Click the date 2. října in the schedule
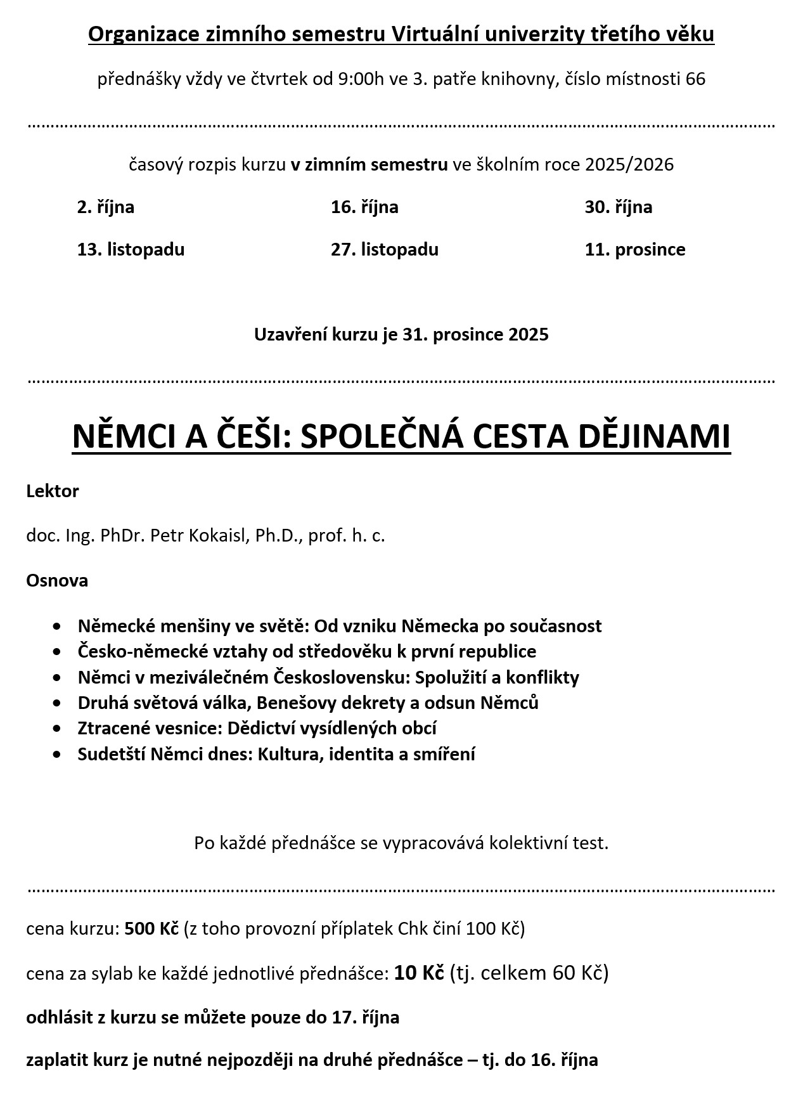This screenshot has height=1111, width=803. click(106, 207)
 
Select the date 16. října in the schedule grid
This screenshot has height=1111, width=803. click(364, 207)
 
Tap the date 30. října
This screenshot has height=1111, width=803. click(618, 207)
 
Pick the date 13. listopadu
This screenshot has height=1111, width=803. click(131, 249)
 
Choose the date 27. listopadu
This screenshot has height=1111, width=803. click(384, 249)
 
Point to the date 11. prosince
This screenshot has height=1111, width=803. click(634, 249)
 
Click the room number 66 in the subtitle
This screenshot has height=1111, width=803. click(695, 79)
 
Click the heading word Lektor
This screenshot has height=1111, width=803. click(53, 491)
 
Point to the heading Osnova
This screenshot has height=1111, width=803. click(57, 581)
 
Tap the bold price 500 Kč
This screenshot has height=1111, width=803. click(151, 929)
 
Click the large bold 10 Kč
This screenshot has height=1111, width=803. click(419, 973)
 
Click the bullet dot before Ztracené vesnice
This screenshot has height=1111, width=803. click(58, 729)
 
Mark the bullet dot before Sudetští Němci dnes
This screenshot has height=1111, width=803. click(58, 755)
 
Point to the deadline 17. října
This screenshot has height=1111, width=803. click(366, 1018)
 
